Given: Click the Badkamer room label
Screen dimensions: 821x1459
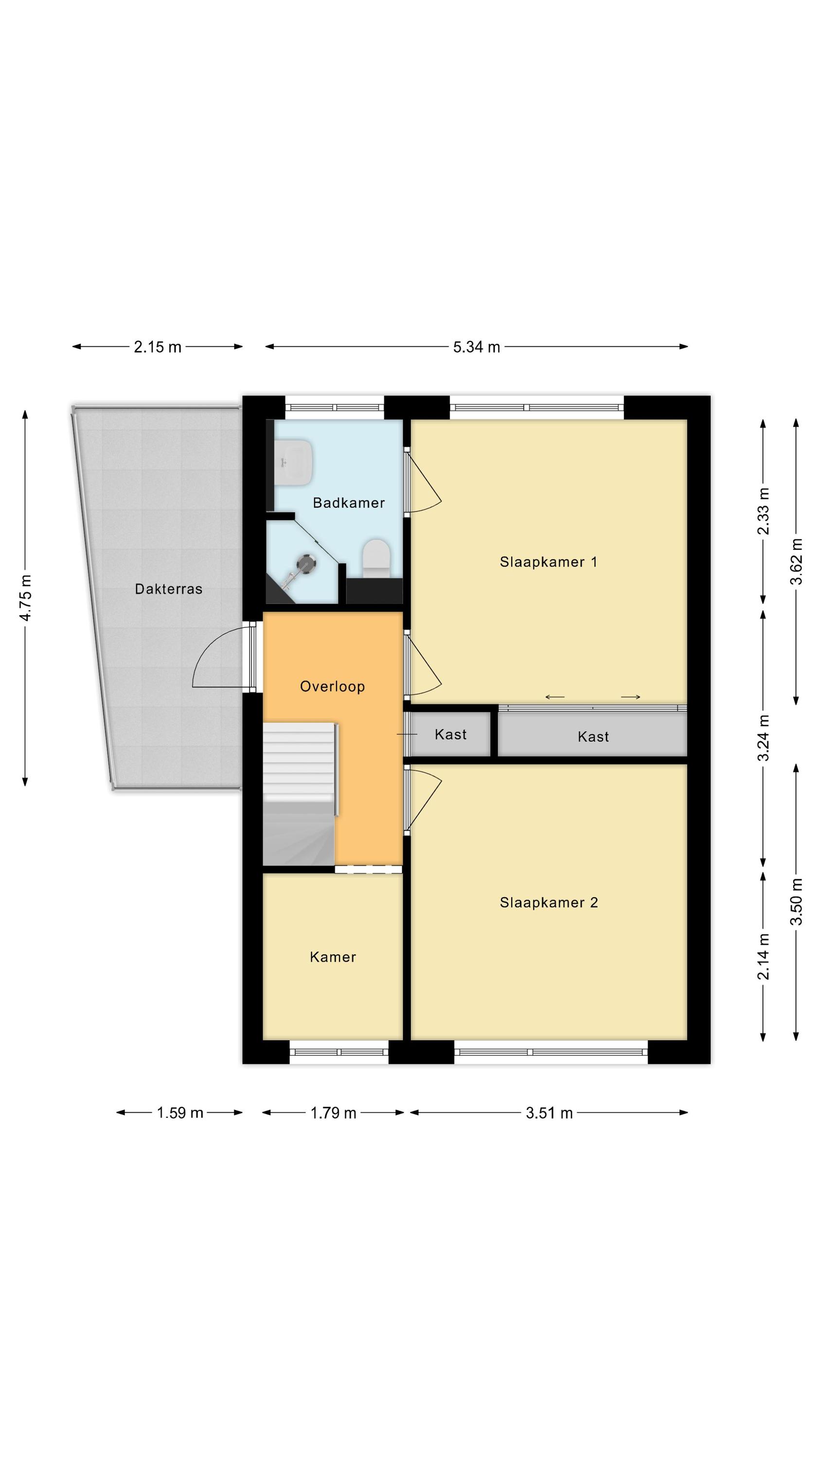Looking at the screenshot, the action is (x=348, y=502).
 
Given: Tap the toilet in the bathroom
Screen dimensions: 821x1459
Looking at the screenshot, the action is (x=376, y=558).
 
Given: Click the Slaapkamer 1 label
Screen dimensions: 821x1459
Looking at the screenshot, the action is (x=548, y=562).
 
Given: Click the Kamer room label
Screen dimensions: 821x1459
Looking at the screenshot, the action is (x=333, y=957).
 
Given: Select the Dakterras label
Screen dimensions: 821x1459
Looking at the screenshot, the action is (x=168, y=589).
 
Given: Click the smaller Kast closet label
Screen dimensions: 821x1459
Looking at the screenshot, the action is (x=450, y=734).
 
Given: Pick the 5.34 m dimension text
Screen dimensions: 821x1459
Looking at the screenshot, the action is (x=477, y=347).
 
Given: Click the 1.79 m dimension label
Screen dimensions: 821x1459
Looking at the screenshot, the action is (x=333, y=1113).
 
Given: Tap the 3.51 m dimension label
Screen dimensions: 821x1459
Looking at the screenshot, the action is (x=549, y=1113).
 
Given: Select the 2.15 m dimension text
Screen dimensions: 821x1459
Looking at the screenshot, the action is (x=158, y=347).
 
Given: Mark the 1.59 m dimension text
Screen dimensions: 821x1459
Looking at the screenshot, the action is (x=179, y=1112).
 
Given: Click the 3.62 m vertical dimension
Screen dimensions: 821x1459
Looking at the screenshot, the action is (x=797, y=561).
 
